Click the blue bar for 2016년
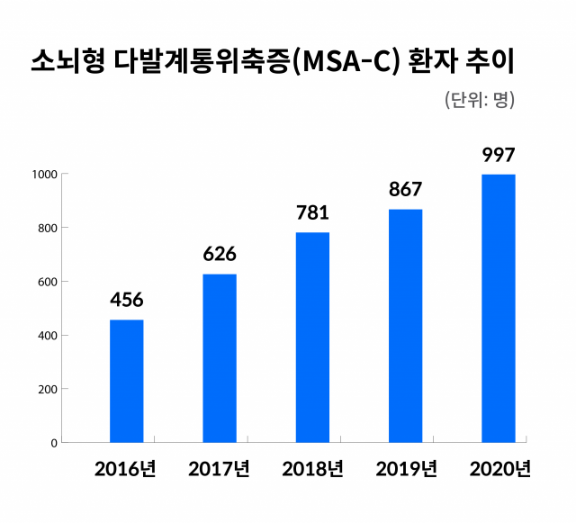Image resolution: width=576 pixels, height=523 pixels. coord(126,381)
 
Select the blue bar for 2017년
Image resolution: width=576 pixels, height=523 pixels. coord(220,358)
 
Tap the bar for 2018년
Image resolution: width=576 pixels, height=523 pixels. coord(312,338)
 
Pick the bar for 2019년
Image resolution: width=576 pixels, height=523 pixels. coord(405,326)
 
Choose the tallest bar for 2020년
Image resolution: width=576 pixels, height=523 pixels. coord(498,308)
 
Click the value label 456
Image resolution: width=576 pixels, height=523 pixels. coord(127,300)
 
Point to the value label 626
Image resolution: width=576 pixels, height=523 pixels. coord(220,255)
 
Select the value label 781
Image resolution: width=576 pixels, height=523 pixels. coord(312,213)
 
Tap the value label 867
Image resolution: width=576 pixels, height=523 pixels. coord(405,190)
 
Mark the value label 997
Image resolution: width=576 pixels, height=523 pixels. coord(498,155)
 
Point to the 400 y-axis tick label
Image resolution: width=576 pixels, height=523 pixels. coord(49,336)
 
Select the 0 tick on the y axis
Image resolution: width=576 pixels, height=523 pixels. coord(54,443)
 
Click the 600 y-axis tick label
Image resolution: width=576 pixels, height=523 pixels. coord(49,282)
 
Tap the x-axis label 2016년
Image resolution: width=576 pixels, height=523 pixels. coord(127,469)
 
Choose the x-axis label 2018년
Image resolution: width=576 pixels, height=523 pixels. coord(312,469)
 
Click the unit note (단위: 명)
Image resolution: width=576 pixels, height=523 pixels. coord(480,100)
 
